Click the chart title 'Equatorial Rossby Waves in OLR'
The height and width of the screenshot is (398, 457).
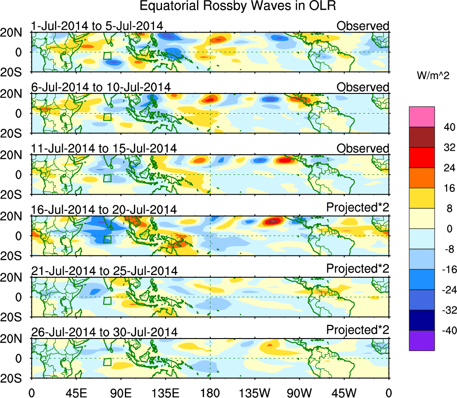238,6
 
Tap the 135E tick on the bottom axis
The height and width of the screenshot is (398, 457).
166,393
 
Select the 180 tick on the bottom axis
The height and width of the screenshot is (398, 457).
210,393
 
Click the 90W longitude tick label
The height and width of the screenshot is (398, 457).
299,393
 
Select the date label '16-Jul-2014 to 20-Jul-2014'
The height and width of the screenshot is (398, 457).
104,209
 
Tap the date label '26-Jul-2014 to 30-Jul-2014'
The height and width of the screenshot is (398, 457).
104,332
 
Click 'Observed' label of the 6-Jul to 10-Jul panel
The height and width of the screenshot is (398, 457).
363,87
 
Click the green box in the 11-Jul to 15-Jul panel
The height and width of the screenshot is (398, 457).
107,178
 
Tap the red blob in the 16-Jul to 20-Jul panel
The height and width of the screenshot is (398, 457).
273,221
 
